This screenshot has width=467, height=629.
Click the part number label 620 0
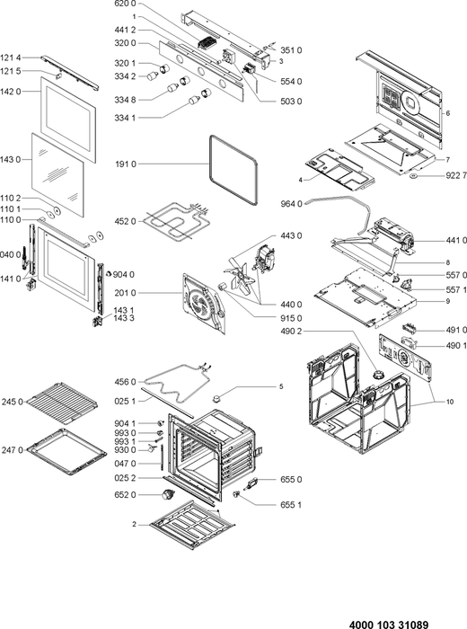coord(125,4)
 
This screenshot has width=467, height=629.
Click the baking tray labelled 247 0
coord(66,452)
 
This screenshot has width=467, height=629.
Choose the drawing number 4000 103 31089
coord(389,625)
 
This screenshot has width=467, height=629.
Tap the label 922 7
coord(456,175)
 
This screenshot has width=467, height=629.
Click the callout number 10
coord(450,402)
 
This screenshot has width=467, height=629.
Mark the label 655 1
coord(291,505)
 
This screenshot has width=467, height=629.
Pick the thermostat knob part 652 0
coord(166,495)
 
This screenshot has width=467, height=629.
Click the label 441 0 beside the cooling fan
coord(456,240)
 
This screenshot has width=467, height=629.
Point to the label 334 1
coord(125,118)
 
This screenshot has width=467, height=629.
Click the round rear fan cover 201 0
coord(203,304)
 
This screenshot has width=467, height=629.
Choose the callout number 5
coord(281,386)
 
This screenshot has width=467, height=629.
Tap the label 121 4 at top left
coord(11,58)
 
